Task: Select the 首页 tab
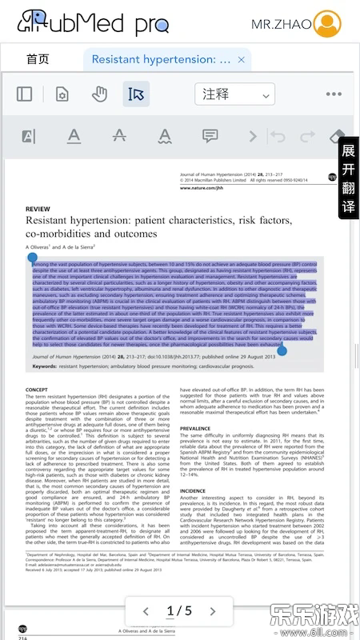pos(38,59)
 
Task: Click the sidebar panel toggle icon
pos(25,94)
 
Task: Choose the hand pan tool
pos(99,94)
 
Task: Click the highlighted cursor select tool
pos(136,94)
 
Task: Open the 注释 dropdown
pos(234,94)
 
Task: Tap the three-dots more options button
pos(334,94)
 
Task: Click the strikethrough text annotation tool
pos(119,136)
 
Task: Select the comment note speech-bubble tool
pos(210,136)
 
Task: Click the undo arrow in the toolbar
pos(278,136)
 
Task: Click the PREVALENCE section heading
pos(196,429)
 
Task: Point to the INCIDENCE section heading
pos(193,490)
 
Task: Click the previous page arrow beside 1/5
pos(145,611)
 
